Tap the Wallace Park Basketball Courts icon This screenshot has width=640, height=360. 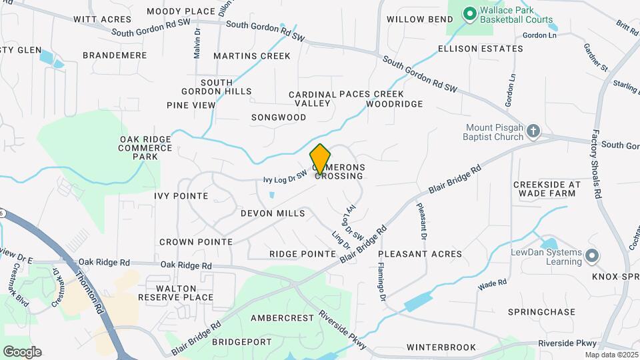(469, 13)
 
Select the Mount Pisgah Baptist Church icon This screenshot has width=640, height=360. (533, 131)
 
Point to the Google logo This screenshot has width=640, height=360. (22, 352)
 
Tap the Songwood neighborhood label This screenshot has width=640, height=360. (279, 117)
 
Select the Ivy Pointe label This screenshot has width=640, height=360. (181, 196)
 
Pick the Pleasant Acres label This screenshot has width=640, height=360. (420, 254)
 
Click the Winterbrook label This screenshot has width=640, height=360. (441, 347)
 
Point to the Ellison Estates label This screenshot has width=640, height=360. (481, 49)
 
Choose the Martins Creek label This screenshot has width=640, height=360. (252, 56)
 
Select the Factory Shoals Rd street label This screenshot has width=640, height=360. (595, 163)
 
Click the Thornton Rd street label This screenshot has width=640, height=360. (87, 293)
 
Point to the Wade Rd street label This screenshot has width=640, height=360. (493, 285)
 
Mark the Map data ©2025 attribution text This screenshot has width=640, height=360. (610, 355)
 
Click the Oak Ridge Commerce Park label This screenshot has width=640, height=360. (145, 147)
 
